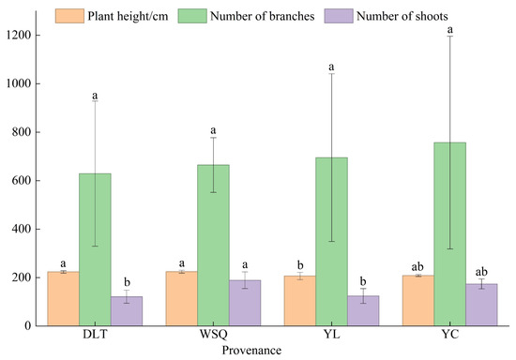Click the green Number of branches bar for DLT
pos(95,249)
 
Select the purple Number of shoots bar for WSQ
pos(245,303)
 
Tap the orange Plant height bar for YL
pos(300,301)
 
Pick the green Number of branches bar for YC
pos(449,234)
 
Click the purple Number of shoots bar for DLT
pos(127,311)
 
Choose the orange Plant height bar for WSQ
pos(182,298)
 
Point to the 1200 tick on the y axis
pos(34,36)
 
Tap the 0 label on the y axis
pos(27,326)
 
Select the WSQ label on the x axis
pos(213,335)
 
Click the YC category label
pos(449,335)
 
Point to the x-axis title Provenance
pos(251,351)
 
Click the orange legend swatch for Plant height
pos(69,16)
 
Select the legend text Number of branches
pos(263,16)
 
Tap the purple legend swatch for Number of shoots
pos(339,16)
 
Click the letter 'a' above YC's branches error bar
pos(449,30)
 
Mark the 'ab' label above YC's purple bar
pos(481,272)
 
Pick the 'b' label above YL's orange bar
pos(300,265)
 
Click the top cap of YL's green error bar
pos(331,74)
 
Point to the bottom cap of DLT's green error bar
pos(95,246)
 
